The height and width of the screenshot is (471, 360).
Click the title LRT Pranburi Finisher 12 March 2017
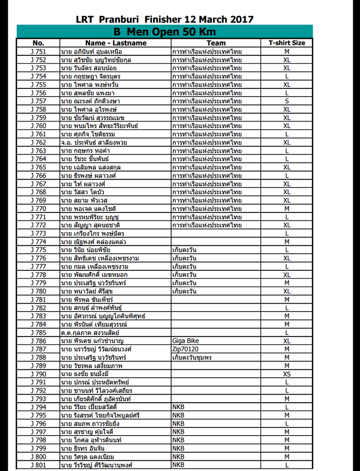click(x=165, y=20)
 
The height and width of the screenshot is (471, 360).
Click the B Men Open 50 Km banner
click(x=165, y=32)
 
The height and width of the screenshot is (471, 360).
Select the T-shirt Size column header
click(x=286, y=43)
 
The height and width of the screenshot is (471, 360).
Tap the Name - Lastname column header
click(x=115, y=43)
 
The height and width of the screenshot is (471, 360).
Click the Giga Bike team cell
click(x=185, y=340)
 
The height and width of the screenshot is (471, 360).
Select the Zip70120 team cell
click(x=184, y=349)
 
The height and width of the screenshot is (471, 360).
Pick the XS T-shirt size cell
click(x=286, y=374)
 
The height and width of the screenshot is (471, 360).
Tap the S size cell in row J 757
click(x=286, y=101)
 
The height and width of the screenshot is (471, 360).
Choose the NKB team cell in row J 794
click(x=179, y=407)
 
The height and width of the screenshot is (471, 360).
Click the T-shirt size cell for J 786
click(x=286, y=340)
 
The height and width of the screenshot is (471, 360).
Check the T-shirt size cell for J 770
click(x=286, y=209)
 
